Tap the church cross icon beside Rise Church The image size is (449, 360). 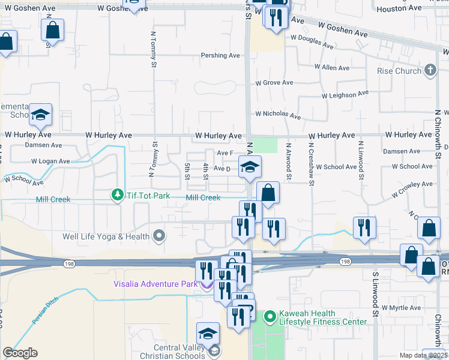tap(430, 71)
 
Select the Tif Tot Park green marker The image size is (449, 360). tap(116, 195)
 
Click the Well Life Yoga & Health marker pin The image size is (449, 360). tap(159, 236)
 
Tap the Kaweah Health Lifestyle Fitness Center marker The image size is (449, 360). tap(270, 315)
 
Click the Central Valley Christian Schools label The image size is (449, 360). tap(170, 350)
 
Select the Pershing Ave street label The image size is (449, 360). tap(220, 55)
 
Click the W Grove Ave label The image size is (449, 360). tap(274, 83)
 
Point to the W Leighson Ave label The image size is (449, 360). tap(345, 95)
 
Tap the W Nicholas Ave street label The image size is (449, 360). tap(277, 113)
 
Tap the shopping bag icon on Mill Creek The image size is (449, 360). tap(268, 193)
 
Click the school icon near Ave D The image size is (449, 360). tap(250, 167)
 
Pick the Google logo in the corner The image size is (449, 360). tap(20, 353)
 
